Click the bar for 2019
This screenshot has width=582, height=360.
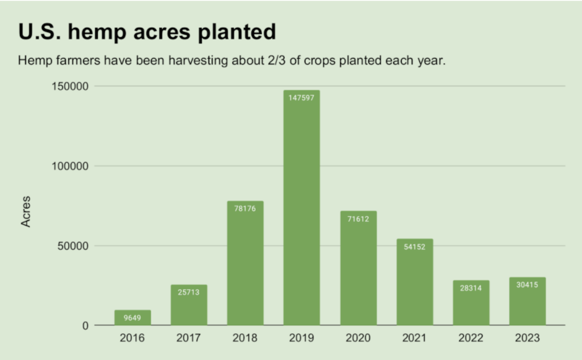pyautogui.click(x=301, y=208)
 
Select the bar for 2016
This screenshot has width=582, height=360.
pyautogui.click(x=132, y=318)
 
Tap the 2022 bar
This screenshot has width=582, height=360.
pyautogui.click(x=471, y=303)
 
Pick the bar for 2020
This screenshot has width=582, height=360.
pyautogui.click(x=358, y=268)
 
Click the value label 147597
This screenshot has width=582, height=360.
pyautogui.click(x=301, y=98)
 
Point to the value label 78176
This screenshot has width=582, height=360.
pyautogui.click(x=245, y=209)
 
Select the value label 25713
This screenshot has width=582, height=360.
pyautogui.click(x=189, y=292)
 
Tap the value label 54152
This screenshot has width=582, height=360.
pyautogui.click(x=414, y=247)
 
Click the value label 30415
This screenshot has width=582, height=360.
pyautogui.click(x=527, y=285)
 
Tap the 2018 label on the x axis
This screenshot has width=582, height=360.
pyautogui.click(x=245, y=338)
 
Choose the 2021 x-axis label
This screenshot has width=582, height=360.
pyautogui.click(x=414, y=338)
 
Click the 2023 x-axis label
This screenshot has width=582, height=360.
pyautogui.click(x=527, y=338)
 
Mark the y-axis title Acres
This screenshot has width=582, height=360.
pyautogui.click(x=26, y=212)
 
